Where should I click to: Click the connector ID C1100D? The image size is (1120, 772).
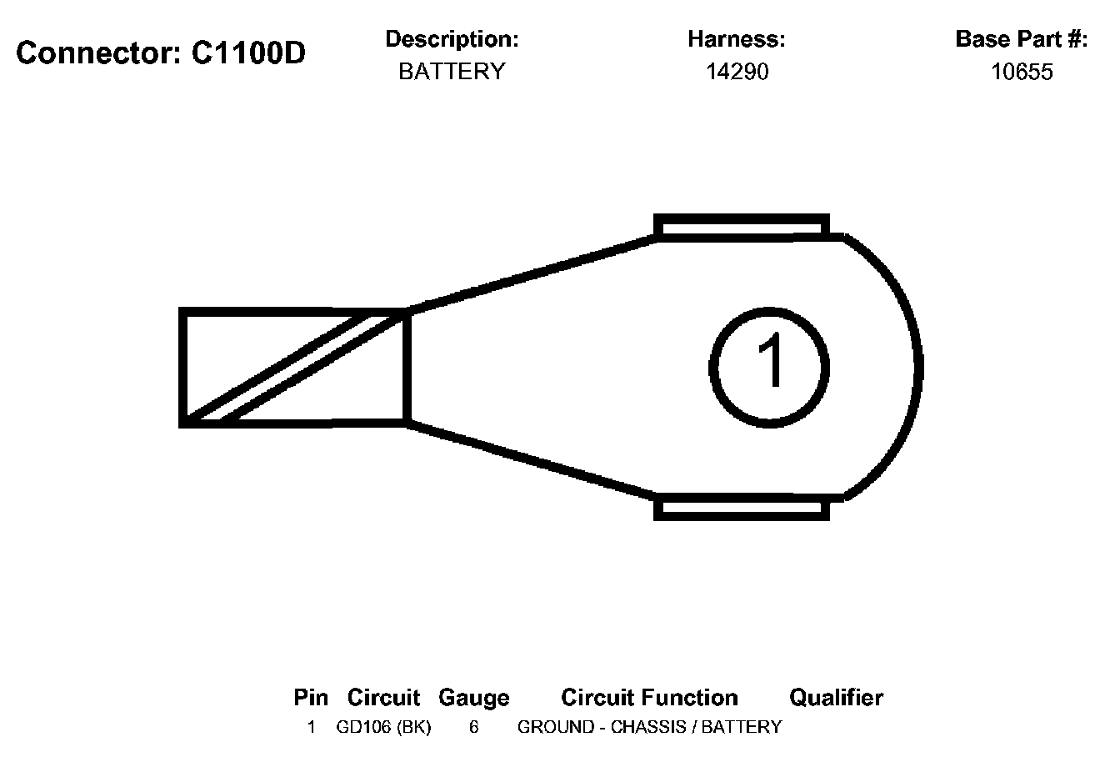(248, 53)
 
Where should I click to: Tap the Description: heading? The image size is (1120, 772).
(452, 39)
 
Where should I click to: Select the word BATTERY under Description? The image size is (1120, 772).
(452, 72)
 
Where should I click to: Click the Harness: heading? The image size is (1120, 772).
(736, 39)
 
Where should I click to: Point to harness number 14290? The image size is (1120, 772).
(737, 72)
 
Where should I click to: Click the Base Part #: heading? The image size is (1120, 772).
(1021, 39)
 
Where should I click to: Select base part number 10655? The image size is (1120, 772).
(1022, 72)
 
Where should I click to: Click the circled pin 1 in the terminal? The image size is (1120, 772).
(769, 367)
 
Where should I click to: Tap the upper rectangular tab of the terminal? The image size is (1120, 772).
(742, 226)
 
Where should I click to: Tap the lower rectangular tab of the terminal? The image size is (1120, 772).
(742, 508)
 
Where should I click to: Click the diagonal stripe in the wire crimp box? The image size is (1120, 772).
(296, 367)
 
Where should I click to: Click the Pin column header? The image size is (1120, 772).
(311, 697)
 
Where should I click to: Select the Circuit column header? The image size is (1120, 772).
(383, 697)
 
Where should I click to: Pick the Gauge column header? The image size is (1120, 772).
(473, 697)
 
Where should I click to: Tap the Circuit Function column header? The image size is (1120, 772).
(649, 697)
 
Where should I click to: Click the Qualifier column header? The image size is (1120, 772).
(836, 697)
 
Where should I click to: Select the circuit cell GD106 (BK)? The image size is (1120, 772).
(383, 727)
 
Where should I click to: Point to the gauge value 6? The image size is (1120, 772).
(473, 727)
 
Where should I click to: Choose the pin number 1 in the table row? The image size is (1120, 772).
(311, 727)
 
